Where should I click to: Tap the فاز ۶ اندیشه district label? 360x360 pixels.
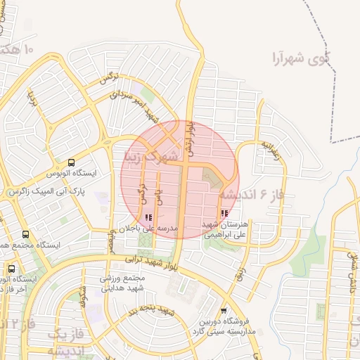252,194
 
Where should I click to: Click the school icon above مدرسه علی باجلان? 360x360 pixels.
148,218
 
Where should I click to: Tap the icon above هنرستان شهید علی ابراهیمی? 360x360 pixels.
224,214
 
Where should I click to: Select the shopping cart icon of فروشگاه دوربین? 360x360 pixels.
224,310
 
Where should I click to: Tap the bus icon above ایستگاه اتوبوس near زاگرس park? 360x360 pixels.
73,162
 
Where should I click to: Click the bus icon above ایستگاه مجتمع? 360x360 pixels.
26,234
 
